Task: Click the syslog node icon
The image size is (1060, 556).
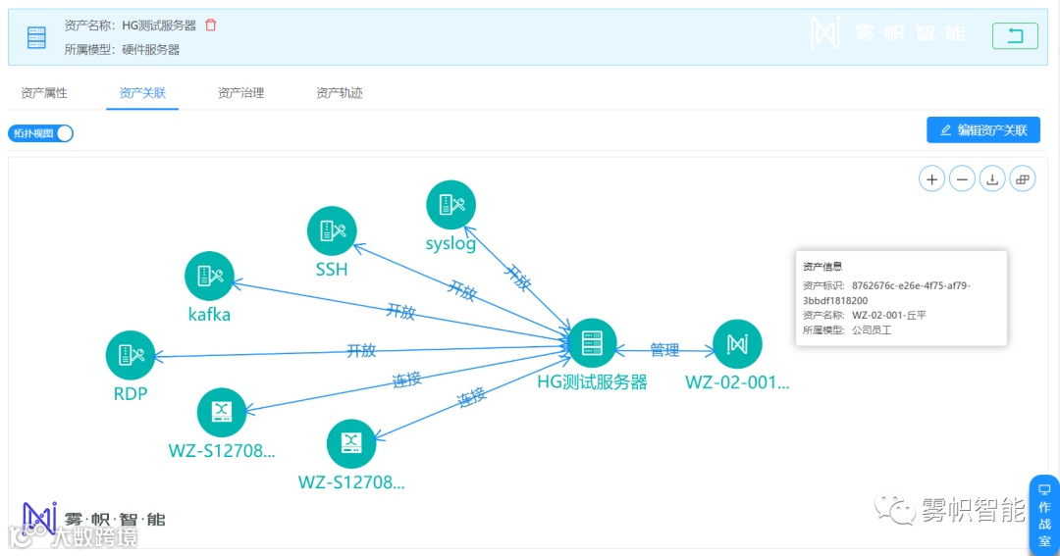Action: pos(451,205)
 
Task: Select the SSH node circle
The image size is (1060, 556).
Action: pos(332,231)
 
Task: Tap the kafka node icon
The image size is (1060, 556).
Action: pos(210,277)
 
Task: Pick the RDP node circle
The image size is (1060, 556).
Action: pos(131,355)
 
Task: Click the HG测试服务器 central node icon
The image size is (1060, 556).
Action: pos(592,343)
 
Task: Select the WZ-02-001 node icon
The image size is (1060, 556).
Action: pos(737,344)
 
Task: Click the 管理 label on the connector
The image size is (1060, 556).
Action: pos(664,350)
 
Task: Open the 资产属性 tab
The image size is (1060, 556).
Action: pos(44,93)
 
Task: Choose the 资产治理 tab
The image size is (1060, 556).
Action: pos(240,93)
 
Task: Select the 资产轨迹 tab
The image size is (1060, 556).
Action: pos(340,93)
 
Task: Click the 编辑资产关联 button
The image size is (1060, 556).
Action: pos(982,129)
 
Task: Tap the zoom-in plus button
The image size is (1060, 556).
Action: pos(931,178)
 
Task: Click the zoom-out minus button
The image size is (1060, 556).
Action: pos(962,178)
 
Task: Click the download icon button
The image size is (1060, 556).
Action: pos(992,178)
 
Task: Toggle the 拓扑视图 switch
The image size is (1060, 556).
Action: pos(41,133)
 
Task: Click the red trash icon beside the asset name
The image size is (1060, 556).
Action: pos(211,25)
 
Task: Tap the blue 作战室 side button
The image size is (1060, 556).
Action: pos(1043,514)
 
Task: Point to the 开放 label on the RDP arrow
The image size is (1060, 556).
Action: pos(361,351)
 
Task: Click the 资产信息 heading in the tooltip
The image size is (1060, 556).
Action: pos(822,266)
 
